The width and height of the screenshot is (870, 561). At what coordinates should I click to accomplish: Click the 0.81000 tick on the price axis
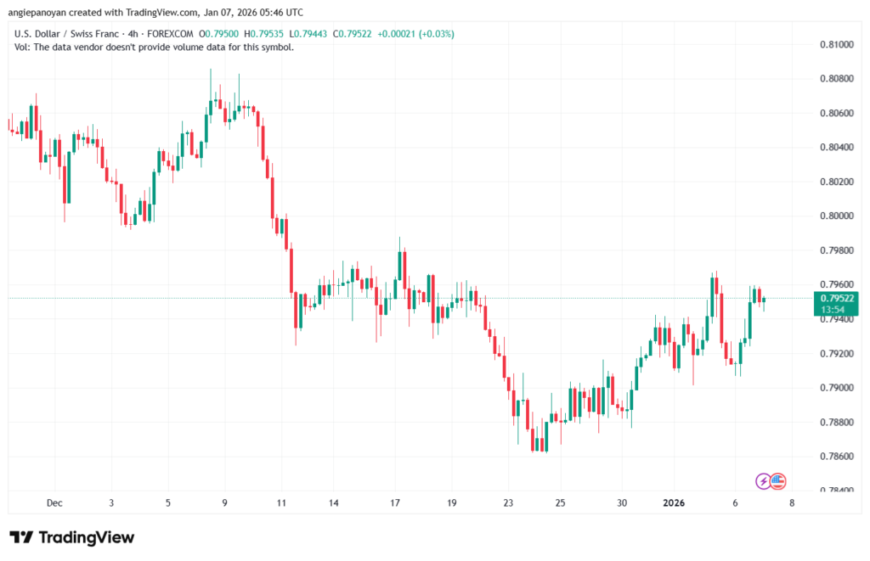click(836, 43)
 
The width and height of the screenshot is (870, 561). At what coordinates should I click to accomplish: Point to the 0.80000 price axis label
click(836, 216)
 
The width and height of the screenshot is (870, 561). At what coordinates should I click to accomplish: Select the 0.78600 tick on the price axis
click(836, 457)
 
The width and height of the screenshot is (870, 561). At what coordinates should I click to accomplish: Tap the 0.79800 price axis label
click(836, 250)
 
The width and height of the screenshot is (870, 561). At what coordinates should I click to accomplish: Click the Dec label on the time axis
click(55, 502)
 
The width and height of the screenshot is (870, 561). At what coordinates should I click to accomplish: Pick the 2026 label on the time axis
click(674, 502)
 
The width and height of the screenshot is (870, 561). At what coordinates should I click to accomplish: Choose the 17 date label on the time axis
click(395, 502)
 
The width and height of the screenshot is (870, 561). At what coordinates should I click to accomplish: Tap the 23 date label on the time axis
click(508, 502)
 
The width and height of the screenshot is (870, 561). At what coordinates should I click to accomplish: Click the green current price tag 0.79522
click(836, 298)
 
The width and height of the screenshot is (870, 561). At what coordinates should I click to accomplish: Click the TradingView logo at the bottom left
click(71, 537)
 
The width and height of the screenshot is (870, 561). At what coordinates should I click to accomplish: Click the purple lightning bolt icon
click(764, 481)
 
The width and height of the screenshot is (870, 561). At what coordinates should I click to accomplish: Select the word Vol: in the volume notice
click(24, 47)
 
